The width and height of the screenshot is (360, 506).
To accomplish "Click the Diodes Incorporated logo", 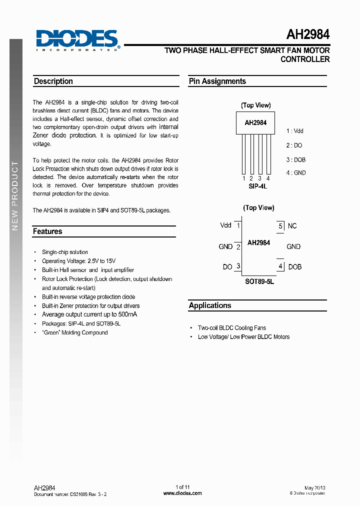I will [x=77, y=40].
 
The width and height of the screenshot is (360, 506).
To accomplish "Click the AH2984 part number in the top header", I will [x=307, y=35].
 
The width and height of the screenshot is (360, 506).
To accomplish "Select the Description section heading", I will [x=53, y=81].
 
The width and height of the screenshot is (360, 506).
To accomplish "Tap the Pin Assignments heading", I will [x=217, y=81].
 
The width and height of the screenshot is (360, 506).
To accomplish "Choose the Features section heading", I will [x=47, y=231].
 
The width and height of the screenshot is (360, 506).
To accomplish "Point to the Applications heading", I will [x=210, y=305].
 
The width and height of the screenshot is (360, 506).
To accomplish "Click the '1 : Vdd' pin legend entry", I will [x=295, y=131].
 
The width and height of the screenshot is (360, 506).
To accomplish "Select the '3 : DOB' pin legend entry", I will [x=296, y=160].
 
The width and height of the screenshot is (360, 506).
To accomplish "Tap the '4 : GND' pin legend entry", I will [x=296, y=173].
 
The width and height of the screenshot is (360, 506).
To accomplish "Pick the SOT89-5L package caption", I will [x=259, y=281].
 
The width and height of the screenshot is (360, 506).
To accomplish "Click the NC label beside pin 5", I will [x=292, y=226].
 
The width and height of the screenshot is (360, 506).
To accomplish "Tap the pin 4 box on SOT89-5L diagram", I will [x=280, y=266].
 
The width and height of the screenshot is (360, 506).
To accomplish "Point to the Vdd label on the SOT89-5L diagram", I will [x=226, y=225].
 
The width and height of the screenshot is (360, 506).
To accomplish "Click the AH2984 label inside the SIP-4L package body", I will [x=255, y=122].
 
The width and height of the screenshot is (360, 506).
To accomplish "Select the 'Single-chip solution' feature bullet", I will [x=65, y=252].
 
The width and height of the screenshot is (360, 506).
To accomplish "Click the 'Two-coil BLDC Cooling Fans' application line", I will [x=232, y=328].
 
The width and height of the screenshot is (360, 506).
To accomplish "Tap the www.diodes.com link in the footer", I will [x=182, y=493].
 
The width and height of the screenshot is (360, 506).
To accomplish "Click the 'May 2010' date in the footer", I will [x=315, y=487].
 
